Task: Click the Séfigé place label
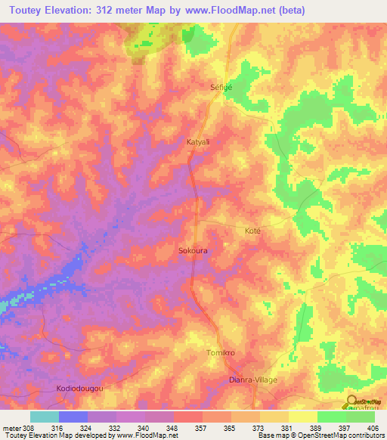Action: tap(221, 87)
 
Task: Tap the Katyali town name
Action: tap(198, 141)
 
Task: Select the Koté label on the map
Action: tap(253, 231)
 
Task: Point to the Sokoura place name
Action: tap(193, 249)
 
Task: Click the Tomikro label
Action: tap(221, 353)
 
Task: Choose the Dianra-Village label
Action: tap(253, 380)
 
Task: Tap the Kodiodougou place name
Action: tap(79, 389)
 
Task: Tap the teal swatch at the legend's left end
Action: tap(44, 417)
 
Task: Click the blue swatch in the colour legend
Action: tap(73, 417)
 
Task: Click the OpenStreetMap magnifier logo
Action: tap(351, 401)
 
